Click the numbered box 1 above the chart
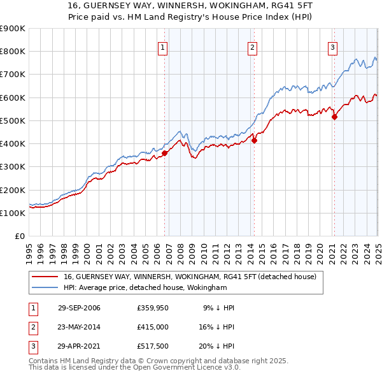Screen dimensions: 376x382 [x=162, y=47]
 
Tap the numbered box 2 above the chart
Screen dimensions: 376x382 [x=253, y=47]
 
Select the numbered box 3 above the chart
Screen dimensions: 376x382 [x=332, y=47]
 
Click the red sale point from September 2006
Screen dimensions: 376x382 [x=165, y=153]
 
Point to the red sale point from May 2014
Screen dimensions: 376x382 [x=254, y=140]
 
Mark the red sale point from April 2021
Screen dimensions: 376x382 [x=335, y=117]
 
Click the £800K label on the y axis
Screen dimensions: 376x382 [x=13, y=52]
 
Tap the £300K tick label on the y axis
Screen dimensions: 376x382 [x=13, y=167]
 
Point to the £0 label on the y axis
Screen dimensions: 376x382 [x=19, y=236]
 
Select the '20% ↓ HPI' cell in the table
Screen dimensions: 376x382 [x=216, y=347]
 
